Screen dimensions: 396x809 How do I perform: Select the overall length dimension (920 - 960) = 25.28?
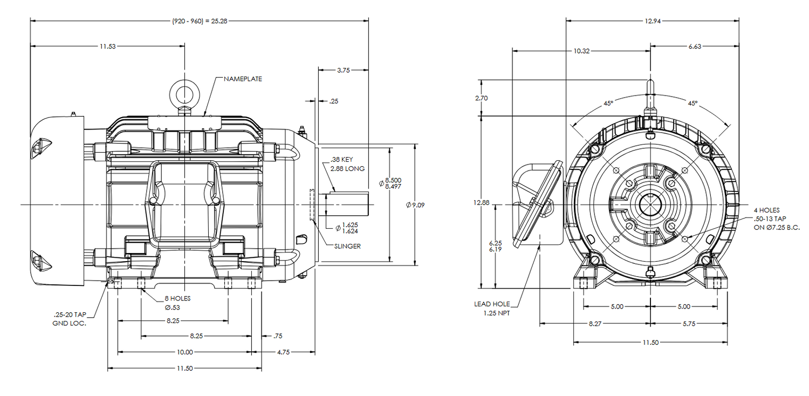point(200,22)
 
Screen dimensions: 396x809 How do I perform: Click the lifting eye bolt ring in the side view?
point(185,92)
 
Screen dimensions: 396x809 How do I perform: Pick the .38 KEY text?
point(341,160)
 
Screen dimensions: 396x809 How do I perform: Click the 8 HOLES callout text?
point(177,298)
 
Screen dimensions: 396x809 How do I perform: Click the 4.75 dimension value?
point(283,352)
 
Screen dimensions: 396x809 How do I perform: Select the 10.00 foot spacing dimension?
point(184,352)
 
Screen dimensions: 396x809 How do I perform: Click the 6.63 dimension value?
point(695,47)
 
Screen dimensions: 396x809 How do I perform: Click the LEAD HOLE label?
point(490,304)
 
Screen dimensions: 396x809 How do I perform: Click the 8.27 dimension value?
point(594,324)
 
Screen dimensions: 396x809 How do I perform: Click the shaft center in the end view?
point(650,205)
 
